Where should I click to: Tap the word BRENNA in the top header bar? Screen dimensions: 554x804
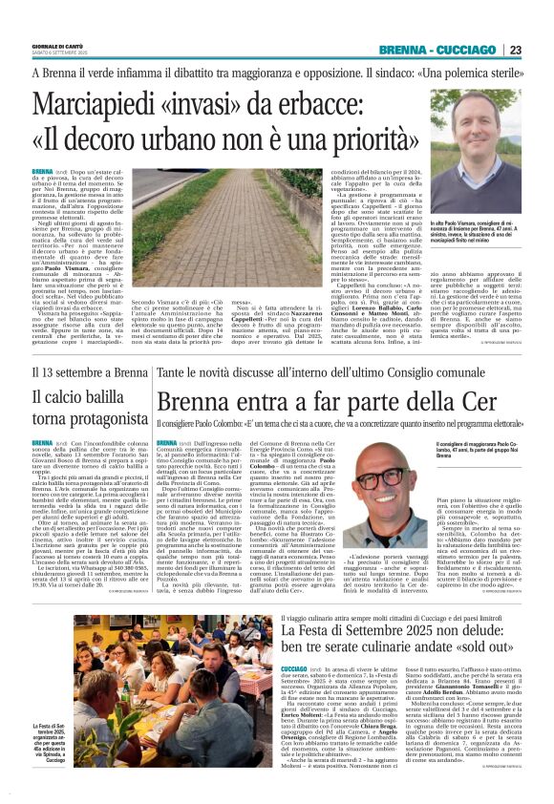click(x=401, y=50)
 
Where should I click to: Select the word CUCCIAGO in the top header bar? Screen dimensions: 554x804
click(x=468, y=50)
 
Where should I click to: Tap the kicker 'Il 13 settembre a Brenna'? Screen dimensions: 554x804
click(x=80, y=373)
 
